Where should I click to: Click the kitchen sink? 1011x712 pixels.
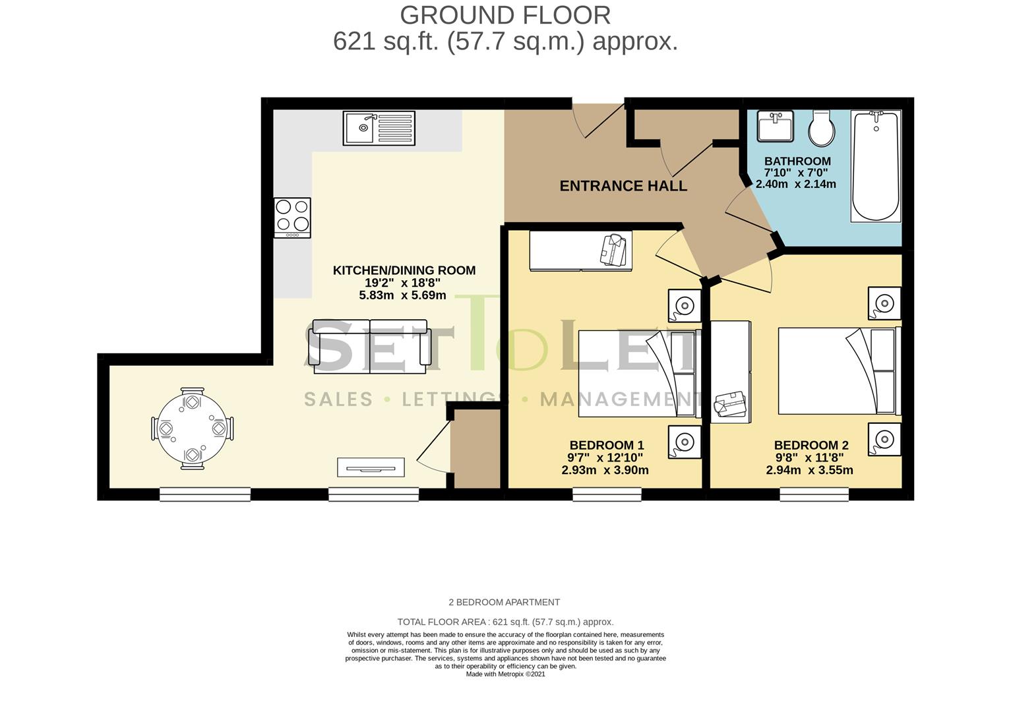(x=379, y=128)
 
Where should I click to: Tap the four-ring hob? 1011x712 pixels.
(x=292, y=218)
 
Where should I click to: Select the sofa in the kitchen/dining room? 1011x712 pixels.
(x=370, y=347)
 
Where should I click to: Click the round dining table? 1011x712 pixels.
(x=193, y=429)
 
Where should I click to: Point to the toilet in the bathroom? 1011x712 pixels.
(x=822, y=128)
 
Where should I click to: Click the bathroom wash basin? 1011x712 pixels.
(x=776, y=126)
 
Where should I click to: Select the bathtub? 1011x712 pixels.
(x=876, y=166)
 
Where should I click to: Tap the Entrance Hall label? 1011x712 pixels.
(x=623, y=186)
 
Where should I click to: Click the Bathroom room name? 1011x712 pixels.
(x=797, y=161)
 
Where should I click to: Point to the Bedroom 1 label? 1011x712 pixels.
(x=607, y=446)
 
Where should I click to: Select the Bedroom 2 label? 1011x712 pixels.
(x=811, y=446)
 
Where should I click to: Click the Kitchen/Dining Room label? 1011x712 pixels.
(x=404, y=270)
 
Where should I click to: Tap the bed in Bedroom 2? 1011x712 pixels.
(x=840, y=371)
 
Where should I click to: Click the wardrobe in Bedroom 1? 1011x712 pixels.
(x=581, y=251)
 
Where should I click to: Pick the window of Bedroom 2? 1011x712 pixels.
(x=814, y=494)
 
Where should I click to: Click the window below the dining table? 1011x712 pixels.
(x=205, y=494)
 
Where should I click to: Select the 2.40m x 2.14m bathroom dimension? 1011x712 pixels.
(x=796, y=184)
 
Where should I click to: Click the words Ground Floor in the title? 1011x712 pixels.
(x=505, y=15)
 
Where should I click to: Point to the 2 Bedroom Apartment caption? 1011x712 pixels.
(x=504, y=603)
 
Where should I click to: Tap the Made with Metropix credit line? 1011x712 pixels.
(x=505, y=674)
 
